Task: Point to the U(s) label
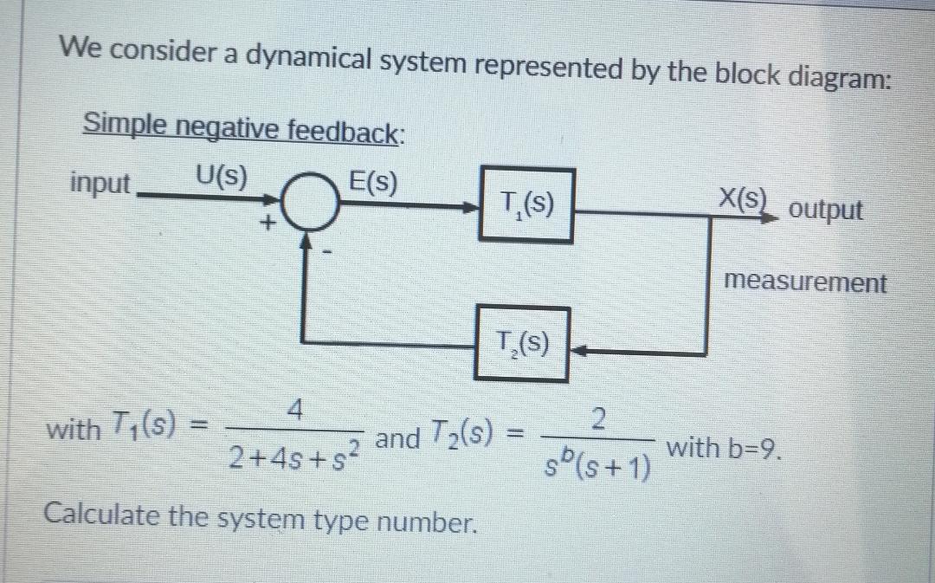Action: coord(220,178)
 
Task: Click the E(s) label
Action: coord(371,184)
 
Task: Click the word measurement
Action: coord(805,282)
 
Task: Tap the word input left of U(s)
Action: coord(100,184)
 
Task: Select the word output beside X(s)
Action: coord(828,211)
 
